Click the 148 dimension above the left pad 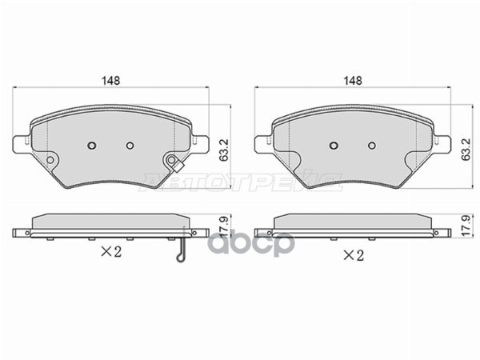point(110,81)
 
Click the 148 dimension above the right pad point(352,81)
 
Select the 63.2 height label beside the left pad point(226,148)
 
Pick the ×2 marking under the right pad point(353,255)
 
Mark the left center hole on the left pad point(91,146)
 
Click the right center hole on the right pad point(371,146)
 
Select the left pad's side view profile point(110,225)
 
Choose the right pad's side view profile point(352,225)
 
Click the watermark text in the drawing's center point(240,186)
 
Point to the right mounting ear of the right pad point(441,144)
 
